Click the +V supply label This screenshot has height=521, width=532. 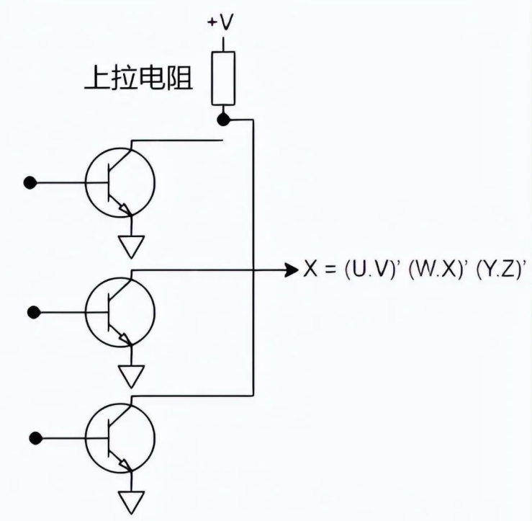(x=221, y=22)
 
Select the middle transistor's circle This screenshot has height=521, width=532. (x=120, y=311)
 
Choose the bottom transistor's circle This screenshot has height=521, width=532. (x=120, y=437)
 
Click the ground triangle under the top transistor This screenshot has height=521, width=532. (x=131, y=247)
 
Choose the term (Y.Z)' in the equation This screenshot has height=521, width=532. (x=491, y=272)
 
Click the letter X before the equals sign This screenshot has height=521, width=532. (x=308, y=272)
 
